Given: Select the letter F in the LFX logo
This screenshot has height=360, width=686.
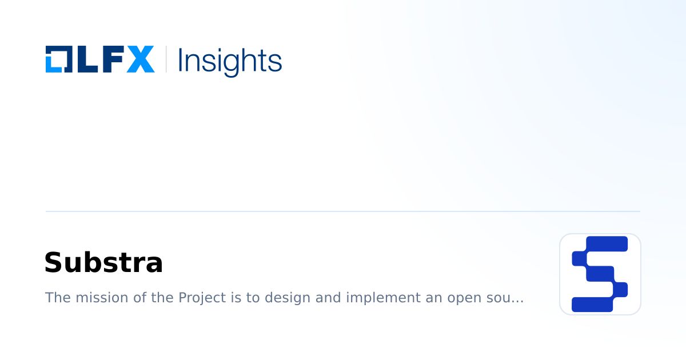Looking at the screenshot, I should click(112, 59).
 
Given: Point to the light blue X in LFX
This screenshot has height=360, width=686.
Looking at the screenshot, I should click(140, 59).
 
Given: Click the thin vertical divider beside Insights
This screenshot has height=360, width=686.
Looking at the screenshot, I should click(166, 59).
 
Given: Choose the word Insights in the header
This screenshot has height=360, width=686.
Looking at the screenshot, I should click(230, 61).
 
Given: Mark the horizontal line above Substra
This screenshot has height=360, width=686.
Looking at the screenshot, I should click(343, 211).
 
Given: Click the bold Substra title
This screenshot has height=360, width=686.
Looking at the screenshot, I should click(103, 263).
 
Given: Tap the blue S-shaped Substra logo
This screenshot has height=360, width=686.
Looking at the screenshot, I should click(600, 274).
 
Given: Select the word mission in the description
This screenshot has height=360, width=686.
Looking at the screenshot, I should click(96, 298).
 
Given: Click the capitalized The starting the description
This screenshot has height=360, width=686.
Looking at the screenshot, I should click(56, 298).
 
